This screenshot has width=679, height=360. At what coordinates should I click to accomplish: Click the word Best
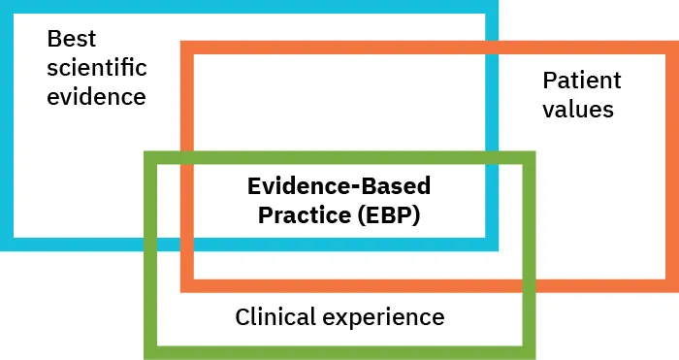click(x=72, y=40)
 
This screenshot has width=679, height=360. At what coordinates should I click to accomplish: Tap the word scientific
click(x=97, y=68)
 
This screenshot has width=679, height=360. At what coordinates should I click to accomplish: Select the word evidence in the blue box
click(x=96, y=97)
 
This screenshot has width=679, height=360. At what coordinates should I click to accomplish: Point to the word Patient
click(x=582, y=81)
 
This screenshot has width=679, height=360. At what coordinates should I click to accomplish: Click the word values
click(x=578, y=109)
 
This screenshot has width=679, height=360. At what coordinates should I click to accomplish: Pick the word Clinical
click(x=275, y=316)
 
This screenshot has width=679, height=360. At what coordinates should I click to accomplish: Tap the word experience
click(x=386, y=317)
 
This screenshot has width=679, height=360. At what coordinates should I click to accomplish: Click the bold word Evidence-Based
click(x=339, y=185)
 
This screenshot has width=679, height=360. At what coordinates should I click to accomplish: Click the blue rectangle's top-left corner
click(x=7, y=7)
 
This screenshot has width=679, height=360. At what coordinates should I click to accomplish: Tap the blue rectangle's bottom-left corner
click(x=7, y=244)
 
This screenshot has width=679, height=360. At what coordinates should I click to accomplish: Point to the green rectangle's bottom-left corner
click(x=150, y=352)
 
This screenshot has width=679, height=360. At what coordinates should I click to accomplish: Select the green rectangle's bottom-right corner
click(x=529, y=352)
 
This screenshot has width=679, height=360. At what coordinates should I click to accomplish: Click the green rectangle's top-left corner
click(x=150, y=157)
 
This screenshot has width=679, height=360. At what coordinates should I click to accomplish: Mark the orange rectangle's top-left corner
click(x=187, y=48)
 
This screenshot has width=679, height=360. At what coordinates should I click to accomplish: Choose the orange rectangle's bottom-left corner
click(x=187, y=285)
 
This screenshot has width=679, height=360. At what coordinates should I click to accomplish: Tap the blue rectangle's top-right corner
click(x=492, y=7)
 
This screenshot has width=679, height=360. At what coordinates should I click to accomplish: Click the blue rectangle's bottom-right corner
click(x=492, y=244)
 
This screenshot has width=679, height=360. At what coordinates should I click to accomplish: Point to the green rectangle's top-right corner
click(x=529, y=157)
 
